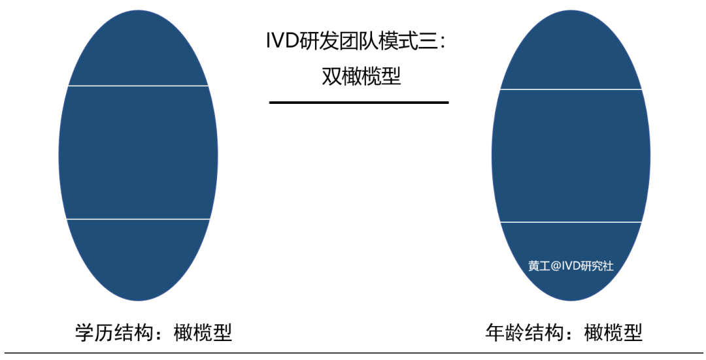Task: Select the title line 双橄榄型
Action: point(361,76)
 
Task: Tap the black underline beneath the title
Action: point(359,103)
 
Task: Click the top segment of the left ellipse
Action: point(138,50)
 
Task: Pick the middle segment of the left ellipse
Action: point(138,152)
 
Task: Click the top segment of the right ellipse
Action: point(571,52)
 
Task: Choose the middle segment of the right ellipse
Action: point(571,155)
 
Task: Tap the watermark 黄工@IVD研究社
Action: point(571,266)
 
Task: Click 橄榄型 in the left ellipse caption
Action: point(203,333)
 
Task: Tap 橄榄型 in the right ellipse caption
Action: point(613,333)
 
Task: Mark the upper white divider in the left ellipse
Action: point(138,86)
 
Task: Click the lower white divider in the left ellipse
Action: point(138,219)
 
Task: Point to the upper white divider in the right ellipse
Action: point(571,90)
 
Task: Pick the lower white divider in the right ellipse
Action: point(571,222)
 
